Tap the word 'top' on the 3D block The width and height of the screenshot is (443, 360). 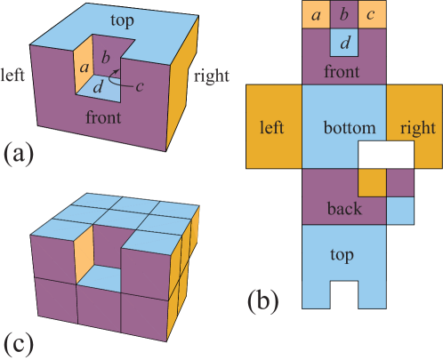pyautogui.click(x=124, y=20)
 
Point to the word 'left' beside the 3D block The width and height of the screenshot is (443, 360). pyautogui.click(x=13, y=73)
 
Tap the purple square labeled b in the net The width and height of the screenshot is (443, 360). pyautogui.click(x=344, y=15)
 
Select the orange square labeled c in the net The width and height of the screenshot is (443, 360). pyautogui.click(x=372, y=15)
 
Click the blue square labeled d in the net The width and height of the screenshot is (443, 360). pyautogui.click(x=344, y=42)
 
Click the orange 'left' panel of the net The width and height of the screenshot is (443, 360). pyautogui.click(x=270, y=127)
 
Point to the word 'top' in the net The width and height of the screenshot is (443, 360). pyautogui.click(x=343, y=255)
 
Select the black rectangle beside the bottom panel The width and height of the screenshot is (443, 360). pyautogui.click(x=385, y=156)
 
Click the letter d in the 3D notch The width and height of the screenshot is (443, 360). pyautogui.click(x=99, y=86)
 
